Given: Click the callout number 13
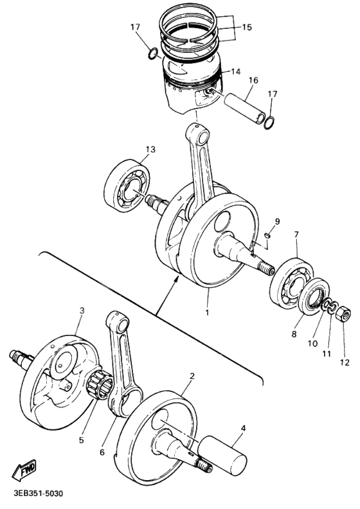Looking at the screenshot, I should [150, 150].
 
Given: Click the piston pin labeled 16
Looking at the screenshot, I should [243, 106].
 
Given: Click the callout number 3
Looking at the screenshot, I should [82, 311].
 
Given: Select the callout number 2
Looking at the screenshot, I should [192, 373].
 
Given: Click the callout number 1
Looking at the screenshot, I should [207, 312].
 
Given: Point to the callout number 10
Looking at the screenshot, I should [312, 344].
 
